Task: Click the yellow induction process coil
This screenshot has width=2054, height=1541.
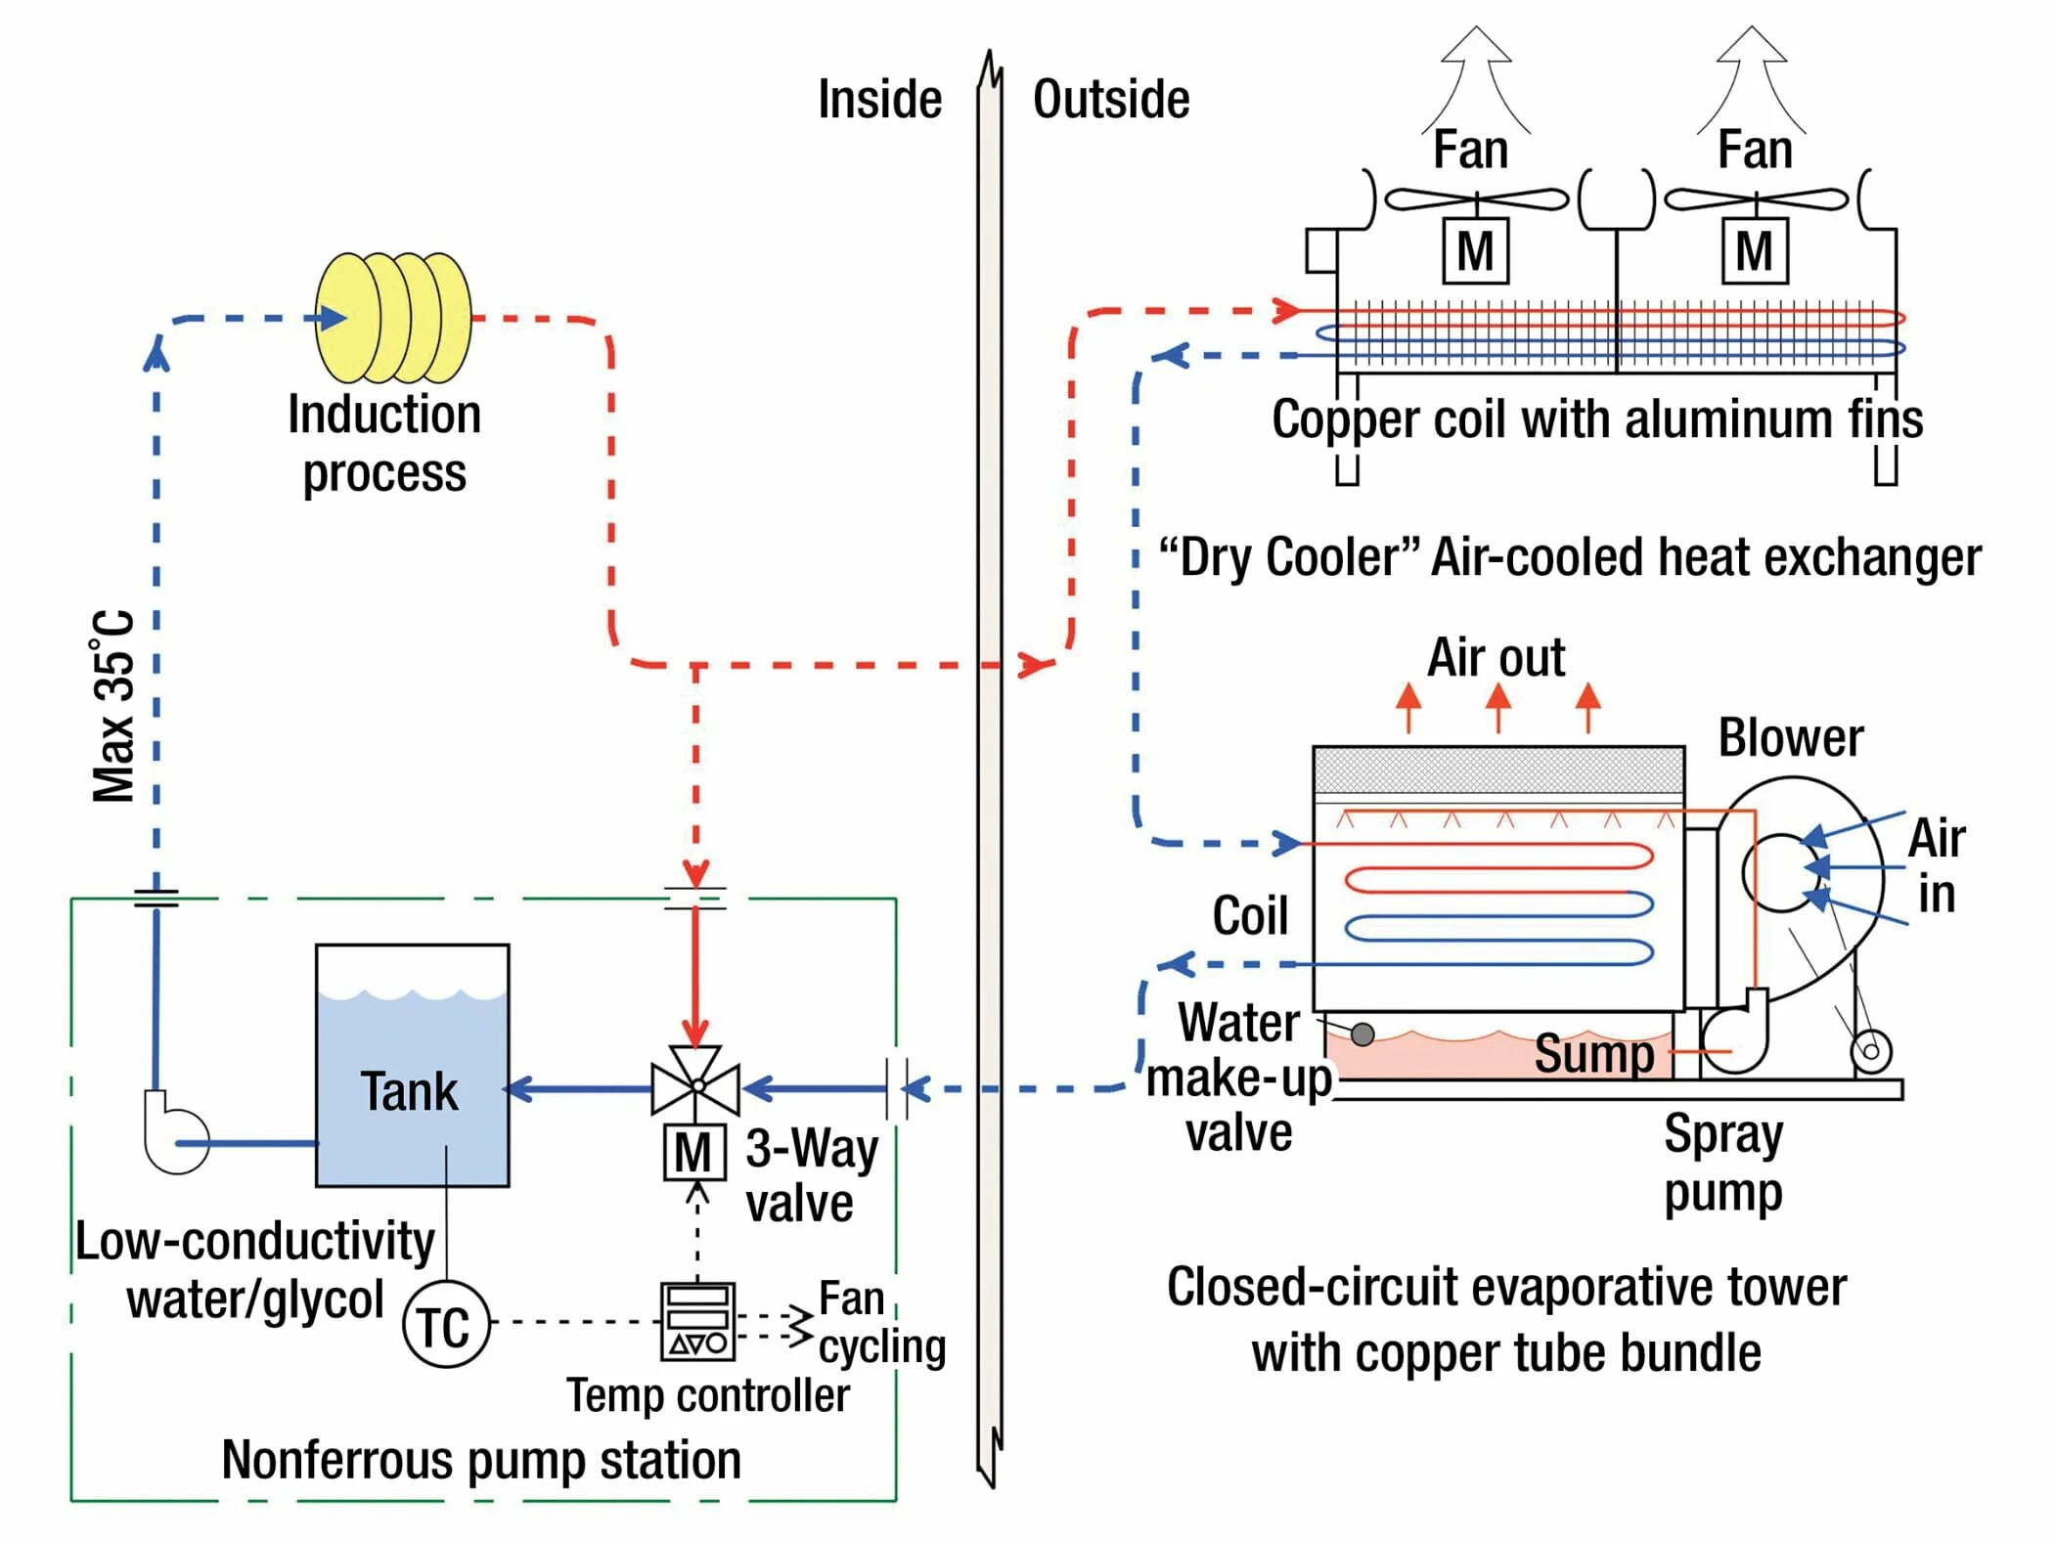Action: coord(393,318)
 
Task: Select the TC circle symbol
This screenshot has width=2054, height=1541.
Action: coord(446,1325)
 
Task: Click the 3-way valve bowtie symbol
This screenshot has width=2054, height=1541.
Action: coord(695,1083)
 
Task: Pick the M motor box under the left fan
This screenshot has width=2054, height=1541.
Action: coord(1475,251)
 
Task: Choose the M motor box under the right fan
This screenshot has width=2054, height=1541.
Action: coord(1755,251)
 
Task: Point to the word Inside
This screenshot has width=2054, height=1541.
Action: coord(879,100)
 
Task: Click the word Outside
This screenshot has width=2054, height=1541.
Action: coord(1111,100)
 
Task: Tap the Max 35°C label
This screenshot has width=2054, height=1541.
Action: coord(113,706)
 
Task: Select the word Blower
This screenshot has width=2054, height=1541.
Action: coord(1791,738)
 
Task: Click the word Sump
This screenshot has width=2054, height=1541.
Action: coord(1593,1054)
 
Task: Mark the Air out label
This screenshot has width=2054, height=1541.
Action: coord(1496,657)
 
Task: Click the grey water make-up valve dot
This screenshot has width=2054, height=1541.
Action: coord(1362,1034)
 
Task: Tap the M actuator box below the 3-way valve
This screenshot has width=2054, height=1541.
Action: coord(694,1153)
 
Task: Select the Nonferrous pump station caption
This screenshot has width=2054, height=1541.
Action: coord(481,1460)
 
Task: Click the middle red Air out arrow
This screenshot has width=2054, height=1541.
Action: coord(1497,706)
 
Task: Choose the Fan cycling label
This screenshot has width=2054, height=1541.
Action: coord(880,1324)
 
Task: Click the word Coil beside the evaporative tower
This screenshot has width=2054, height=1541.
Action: coord(1250,916)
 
